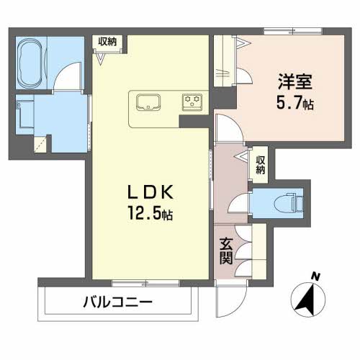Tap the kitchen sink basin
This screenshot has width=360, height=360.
pyautogui.click(x=148, y=102)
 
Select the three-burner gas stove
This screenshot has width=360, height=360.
pyautogui.click(x=192, y=102)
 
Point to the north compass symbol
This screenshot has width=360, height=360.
pyautogui.click(x=308, y=299)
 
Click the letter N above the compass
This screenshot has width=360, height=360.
pyautogui.click(x=315, y=277)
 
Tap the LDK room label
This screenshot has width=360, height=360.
pyautogui.click(x=150, y=192)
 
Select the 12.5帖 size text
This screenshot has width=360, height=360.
pyautogui.click(x=150, y=213)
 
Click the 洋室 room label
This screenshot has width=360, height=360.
pyautogui.click(x=295, y=81)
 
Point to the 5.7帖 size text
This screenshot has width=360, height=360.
pyautogui.click(x=295, y=104)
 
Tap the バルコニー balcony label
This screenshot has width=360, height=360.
pyautogui.click(x=117, y=302)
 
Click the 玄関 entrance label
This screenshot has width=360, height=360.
pyautogui.click(x=226, y=251)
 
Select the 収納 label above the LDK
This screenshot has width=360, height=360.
pyautogui.click(x=107, y=42)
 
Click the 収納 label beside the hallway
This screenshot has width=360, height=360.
pyautogui.click(x=261, y=165)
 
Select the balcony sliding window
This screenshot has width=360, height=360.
pyautogui.click(x=145, y=284)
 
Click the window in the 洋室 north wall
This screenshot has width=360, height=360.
pyautogui.click(x=293, y=31)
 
